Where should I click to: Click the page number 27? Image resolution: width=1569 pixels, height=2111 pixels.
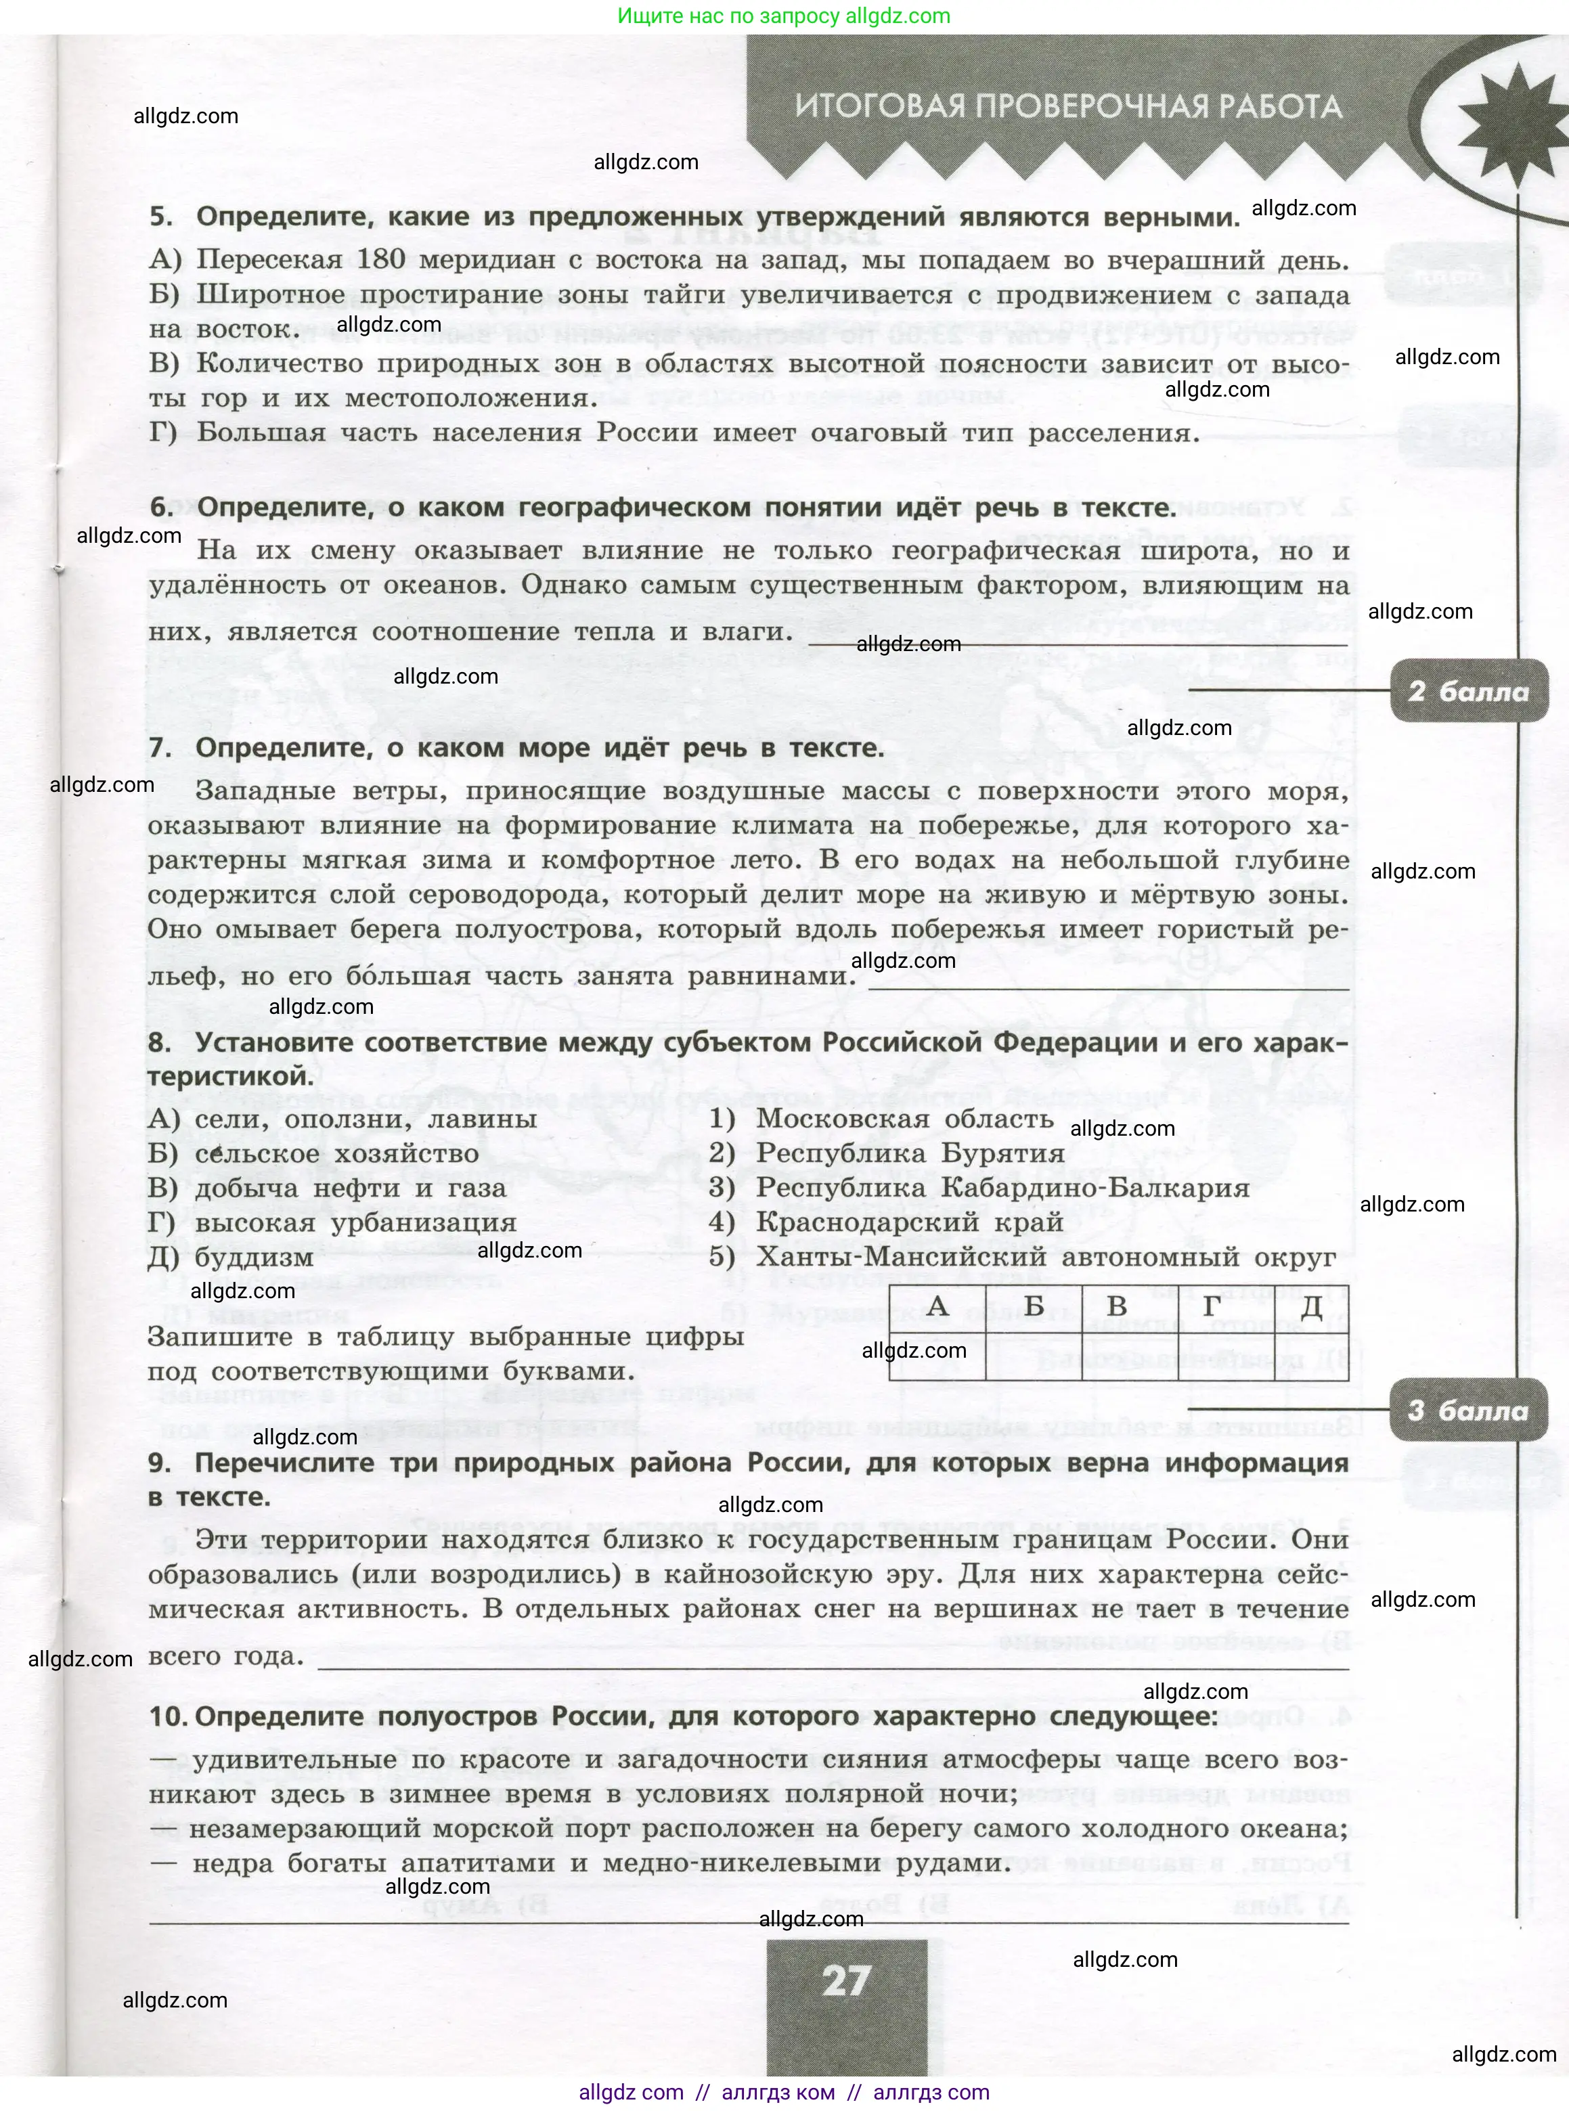[845, 1982]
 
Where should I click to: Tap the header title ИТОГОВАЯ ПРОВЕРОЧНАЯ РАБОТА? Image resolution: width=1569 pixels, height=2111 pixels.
[1069, 106]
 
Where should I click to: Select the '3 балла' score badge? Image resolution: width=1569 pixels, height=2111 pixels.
[1467, 1410]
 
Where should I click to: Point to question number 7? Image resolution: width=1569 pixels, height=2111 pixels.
[160, 749]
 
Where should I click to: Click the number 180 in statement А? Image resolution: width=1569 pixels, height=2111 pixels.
[381, 260]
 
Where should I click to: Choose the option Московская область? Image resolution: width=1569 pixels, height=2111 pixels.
[904, 1119]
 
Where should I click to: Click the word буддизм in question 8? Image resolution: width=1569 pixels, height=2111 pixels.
[254, 1258]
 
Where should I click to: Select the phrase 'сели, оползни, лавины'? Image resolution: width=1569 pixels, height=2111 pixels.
[366, 1119]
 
